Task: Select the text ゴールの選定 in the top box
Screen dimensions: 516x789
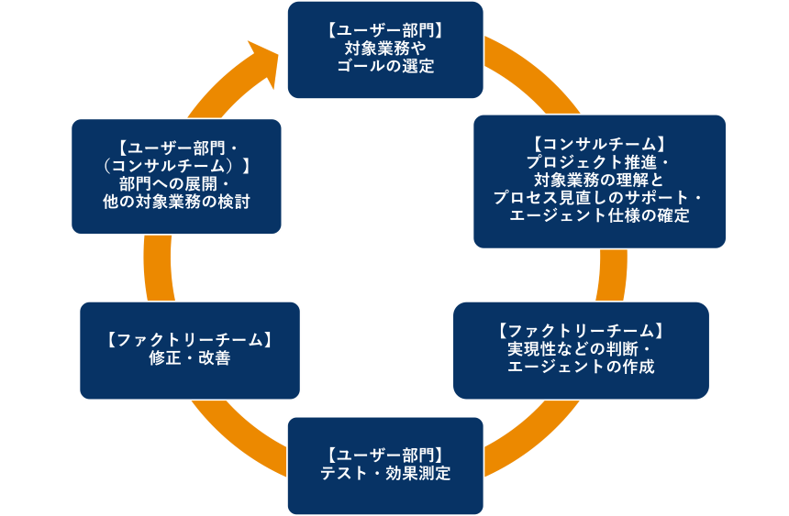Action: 384,66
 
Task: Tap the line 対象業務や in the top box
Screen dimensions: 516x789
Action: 384,49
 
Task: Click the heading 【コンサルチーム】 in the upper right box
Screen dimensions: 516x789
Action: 598,144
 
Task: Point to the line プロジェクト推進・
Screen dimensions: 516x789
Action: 598,161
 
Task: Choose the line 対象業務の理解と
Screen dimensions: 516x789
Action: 598,180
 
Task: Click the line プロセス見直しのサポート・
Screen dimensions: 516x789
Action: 598,198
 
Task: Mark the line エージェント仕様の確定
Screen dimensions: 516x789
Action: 598,216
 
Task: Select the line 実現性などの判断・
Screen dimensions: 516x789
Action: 580,349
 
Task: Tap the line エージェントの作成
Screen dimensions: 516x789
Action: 580,368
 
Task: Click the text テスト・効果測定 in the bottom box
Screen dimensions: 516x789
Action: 384,474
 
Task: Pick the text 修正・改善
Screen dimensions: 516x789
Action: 189,358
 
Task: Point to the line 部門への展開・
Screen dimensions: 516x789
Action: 176,183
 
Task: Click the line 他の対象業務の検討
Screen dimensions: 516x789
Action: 176,202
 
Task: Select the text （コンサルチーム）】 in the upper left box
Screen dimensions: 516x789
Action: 176,165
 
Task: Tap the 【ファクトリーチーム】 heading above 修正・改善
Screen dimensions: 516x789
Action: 189,340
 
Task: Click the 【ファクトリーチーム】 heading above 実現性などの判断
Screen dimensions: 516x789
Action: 580,331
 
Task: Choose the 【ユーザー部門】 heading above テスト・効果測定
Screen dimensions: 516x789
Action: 384,456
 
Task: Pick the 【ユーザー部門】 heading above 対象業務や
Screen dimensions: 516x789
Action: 384,30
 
